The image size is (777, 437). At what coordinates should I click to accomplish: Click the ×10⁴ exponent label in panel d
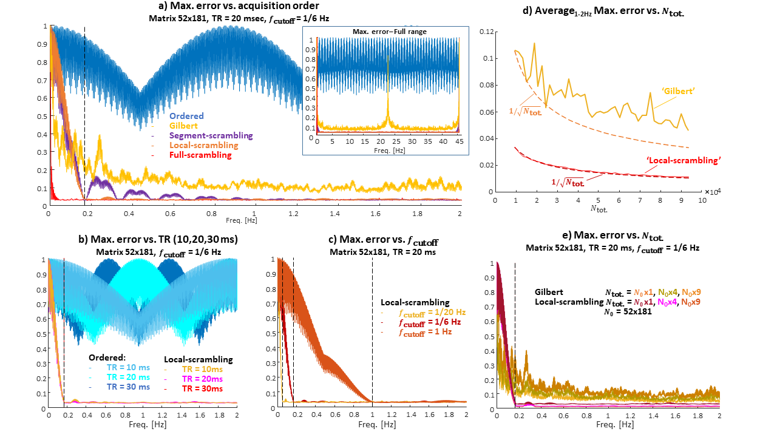[x=711, y=191]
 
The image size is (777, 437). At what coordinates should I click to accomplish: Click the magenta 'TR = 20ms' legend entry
[x=200, y=379]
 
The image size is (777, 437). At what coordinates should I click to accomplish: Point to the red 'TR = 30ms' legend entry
[x=200, y=388]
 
